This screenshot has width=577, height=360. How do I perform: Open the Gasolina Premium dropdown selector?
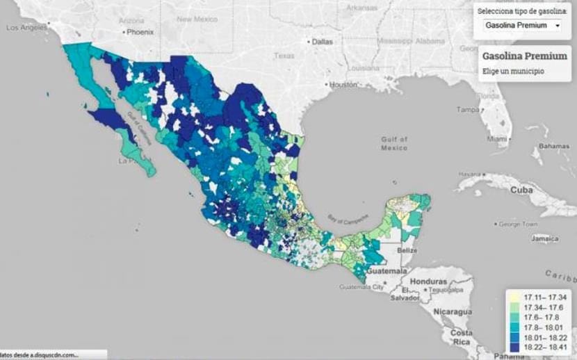522,26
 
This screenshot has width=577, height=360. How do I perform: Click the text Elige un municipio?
515,72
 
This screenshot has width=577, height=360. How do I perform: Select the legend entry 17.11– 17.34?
544,297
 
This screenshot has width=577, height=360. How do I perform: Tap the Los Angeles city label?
26,28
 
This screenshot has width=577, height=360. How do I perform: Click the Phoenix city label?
138,32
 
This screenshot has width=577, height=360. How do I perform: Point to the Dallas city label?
322,42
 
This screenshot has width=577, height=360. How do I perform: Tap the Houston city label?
342,84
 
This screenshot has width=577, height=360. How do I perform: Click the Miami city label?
497,139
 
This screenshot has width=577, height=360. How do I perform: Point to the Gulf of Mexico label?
394,143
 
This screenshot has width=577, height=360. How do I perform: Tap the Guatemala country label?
386,270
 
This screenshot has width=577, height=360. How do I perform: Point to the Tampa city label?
468,110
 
